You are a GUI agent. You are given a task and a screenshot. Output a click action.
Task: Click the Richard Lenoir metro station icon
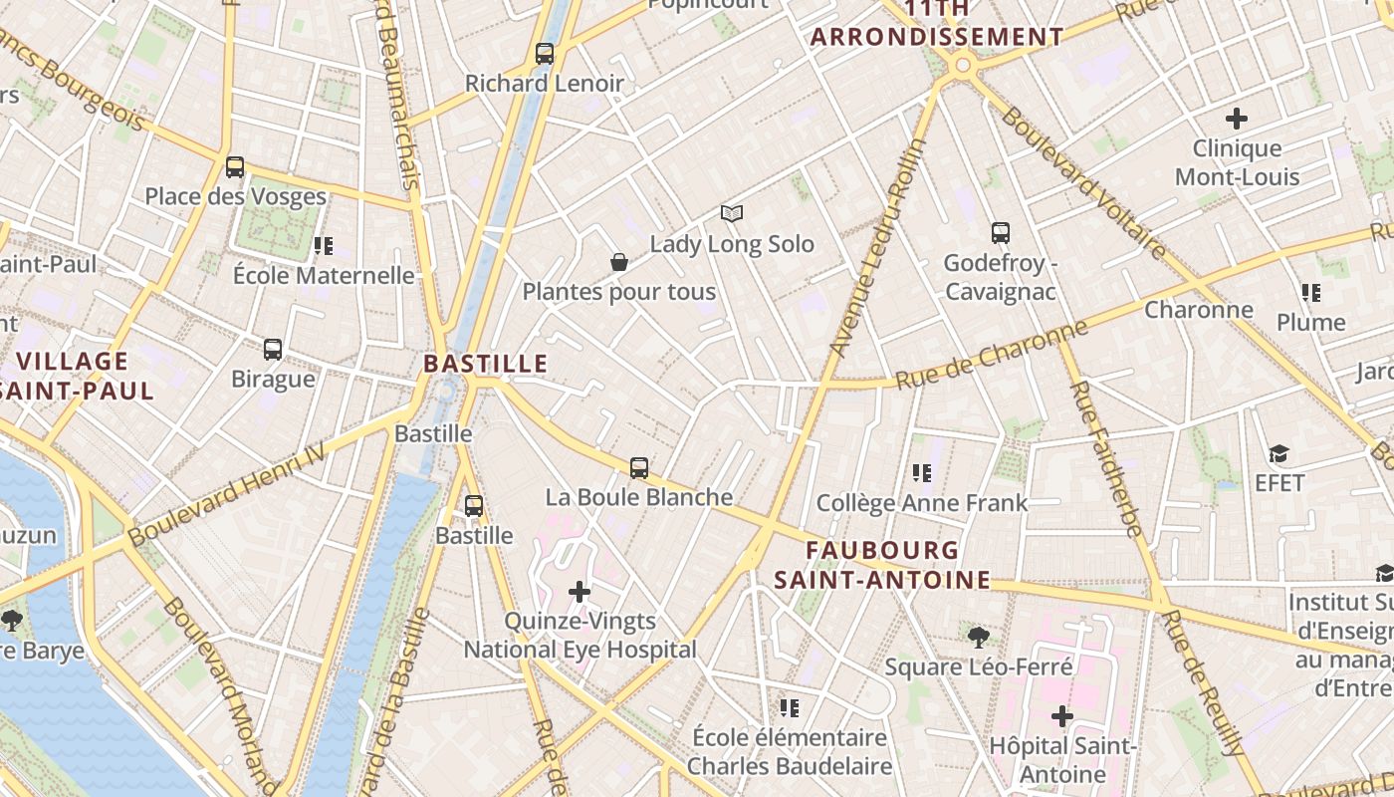544,54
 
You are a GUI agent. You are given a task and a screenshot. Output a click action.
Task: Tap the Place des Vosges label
235,196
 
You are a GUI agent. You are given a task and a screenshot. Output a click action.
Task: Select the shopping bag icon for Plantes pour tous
619,262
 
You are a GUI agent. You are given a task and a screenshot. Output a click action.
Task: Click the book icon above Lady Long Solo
732,214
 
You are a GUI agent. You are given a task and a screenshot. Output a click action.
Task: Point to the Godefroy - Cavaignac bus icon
1001,233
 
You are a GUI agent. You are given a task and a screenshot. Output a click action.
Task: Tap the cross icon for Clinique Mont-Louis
1237,119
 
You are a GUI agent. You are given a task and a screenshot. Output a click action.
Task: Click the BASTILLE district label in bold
486,364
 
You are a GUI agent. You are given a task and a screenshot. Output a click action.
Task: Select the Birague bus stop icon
273,350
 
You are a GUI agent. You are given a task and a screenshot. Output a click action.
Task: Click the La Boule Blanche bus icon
639,467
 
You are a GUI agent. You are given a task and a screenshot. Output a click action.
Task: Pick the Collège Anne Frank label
921,503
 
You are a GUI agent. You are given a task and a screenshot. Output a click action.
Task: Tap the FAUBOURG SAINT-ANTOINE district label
882,565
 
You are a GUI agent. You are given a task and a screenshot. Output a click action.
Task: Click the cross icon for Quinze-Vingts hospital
580,592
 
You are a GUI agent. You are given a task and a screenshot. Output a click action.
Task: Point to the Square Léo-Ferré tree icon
978,637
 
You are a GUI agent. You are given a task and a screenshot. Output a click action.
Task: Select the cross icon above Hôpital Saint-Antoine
1062,715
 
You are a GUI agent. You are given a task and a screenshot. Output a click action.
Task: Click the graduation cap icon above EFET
1279,454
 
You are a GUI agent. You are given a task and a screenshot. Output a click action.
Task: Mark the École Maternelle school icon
323,245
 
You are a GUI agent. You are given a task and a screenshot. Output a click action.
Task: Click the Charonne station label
1198,310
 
